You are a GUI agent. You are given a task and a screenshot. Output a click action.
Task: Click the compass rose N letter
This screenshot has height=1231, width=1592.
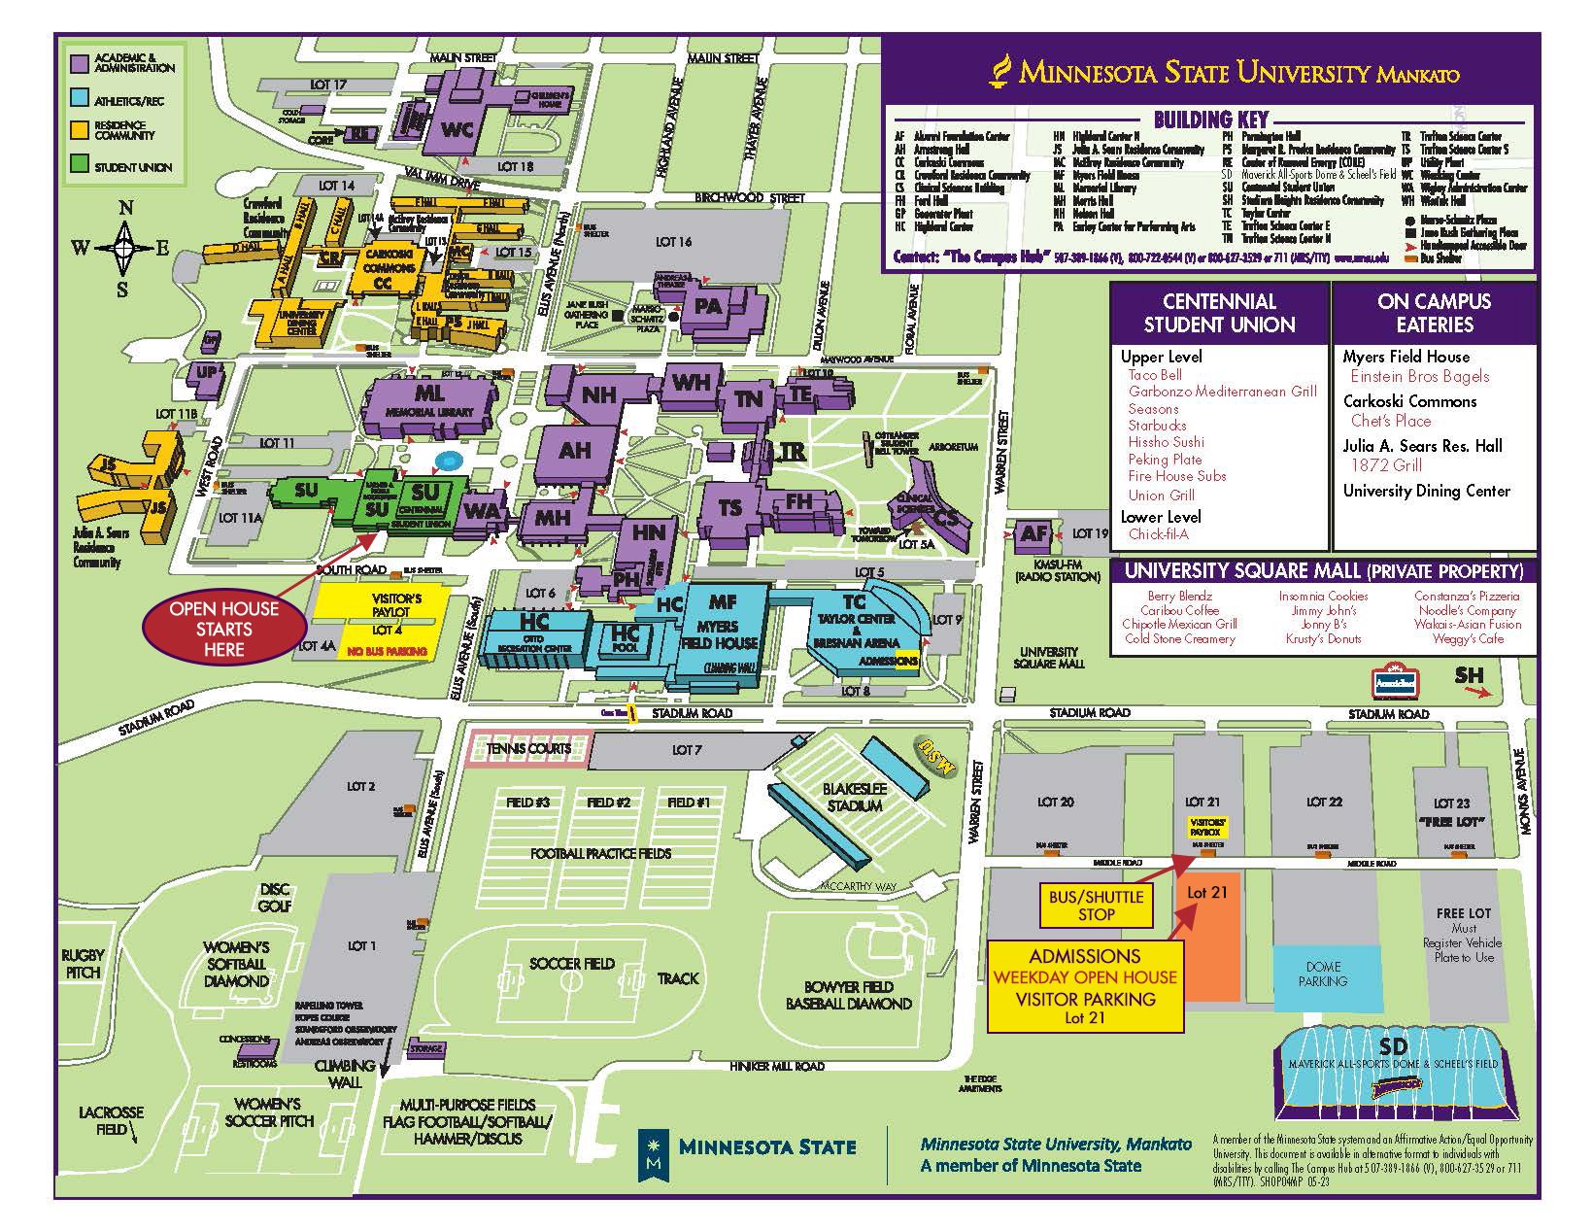pos(125,208)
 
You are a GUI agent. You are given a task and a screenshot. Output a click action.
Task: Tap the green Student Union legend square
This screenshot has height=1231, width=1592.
pos(81,166)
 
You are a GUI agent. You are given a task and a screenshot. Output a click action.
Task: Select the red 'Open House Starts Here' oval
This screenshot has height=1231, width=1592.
pos(223,629)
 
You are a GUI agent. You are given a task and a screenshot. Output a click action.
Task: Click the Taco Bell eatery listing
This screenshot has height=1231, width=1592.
pos(1155,375)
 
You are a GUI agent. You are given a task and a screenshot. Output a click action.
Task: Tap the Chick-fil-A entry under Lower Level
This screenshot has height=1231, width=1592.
pos(1158,534)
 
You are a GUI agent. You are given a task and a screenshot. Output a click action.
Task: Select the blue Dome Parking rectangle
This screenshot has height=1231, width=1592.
pos(1323,975)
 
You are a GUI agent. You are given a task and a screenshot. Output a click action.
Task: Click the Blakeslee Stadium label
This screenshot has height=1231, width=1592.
pos(853,798)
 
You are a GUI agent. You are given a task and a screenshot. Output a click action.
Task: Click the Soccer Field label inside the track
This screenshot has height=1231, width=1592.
pos(572,964)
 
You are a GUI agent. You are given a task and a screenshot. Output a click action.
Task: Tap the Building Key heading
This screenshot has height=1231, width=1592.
pos(1210,120)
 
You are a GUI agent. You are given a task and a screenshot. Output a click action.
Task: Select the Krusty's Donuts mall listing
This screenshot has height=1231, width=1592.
pos(1323,639)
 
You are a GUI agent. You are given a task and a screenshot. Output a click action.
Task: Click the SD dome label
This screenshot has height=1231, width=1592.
pos(1392,1046)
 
